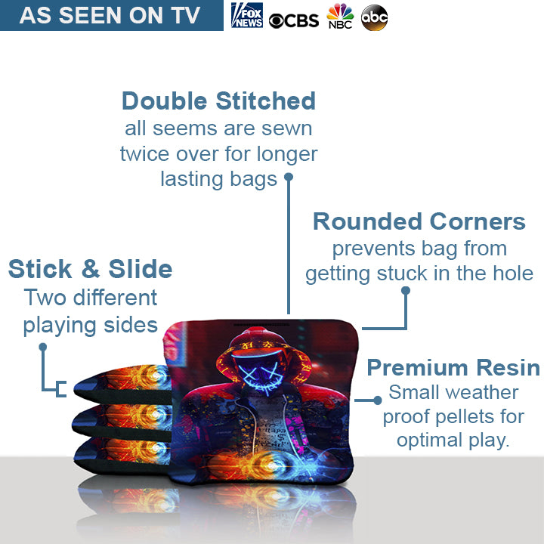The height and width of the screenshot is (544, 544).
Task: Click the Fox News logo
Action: click(x=247, y=15)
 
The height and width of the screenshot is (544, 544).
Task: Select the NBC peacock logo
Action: click(x=340, y=17)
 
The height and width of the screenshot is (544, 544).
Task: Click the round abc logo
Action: click(x=375, y=17)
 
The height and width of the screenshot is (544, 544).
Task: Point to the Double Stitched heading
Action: click(x=218, y=100)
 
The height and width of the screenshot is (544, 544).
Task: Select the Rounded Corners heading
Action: click(x=419, y=221)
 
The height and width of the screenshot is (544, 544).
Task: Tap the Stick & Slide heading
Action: click(x=90, y=269)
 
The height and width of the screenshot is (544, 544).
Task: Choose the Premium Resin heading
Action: click(x=453, y=368)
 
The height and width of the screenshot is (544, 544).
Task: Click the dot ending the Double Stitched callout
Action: click(x=288, y=178)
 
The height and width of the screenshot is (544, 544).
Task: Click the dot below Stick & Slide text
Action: click(x=43, y=347)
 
